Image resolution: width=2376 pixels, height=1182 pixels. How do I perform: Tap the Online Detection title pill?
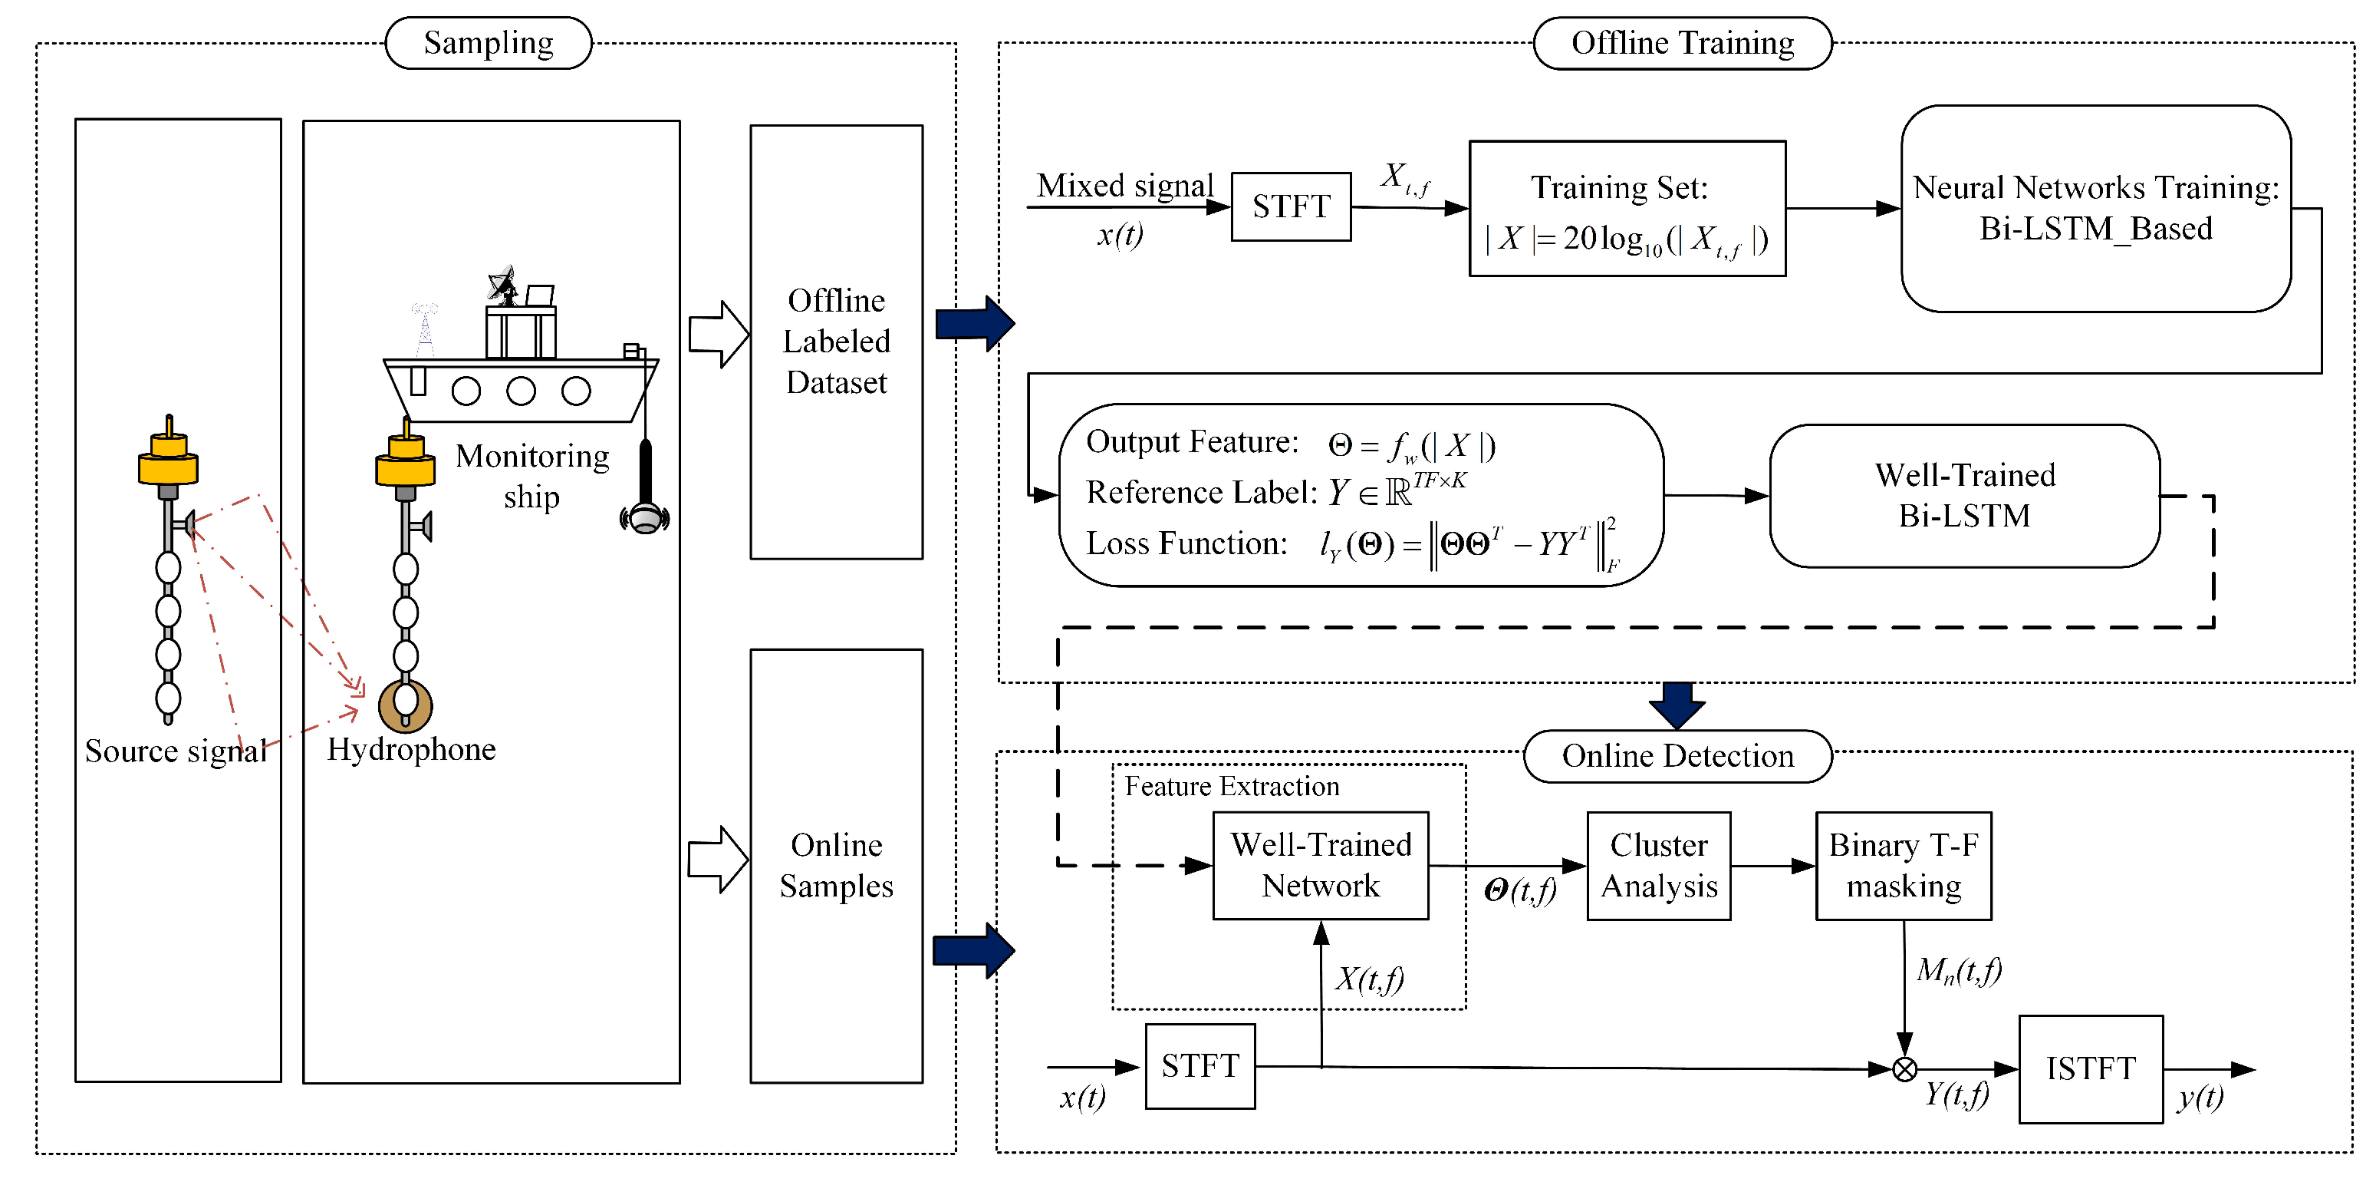tap(1677, 757)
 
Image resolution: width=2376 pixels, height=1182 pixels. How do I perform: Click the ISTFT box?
tap(2090, 1068)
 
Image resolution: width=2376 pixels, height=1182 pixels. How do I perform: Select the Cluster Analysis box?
tap(1658, 866)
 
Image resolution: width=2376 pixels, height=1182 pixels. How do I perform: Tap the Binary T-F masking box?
tap(1903, 866)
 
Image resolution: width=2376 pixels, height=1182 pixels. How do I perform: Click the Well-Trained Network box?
tap(1320, 866)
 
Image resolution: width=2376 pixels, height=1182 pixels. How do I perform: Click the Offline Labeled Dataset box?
tap(836, 342)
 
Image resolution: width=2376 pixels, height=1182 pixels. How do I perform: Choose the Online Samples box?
tap(836, 866)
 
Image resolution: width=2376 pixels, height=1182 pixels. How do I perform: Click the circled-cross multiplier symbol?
tap(1904, 1069)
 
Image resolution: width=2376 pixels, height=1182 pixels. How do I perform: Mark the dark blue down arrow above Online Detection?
tap(1677, 705)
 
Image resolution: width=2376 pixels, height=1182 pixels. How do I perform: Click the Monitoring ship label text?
tap(532, 476)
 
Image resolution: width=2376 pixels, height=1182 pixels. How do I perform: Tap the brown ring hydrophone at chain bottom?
tap(405, 707)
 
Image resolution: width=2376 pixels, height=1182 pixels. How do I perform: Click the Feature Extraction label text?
tap(1232, 786)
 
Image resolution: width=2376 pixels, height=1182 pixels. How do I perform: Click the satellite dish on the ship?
tap(502, 283)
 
